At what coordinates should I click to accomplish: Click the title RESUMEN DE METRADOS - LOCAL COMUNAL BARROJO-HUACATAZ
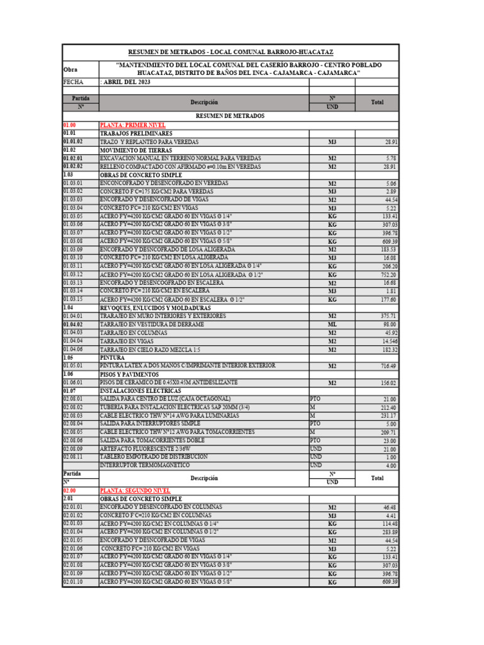click(230, 52)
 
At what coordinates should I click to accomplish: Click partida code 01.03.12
click(73, 275)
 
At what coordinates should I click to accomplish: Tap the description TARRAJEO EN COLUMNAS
click(134, 332)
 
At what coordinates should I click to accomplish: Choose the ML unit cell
click(332, 324)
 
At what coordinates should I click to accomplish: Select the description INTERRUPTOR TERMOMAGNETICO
click(144, 465)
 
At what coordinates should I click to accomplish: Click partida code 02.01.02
click(73, 515)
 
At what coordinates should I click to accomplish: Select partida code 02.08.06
click(73, 440)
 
